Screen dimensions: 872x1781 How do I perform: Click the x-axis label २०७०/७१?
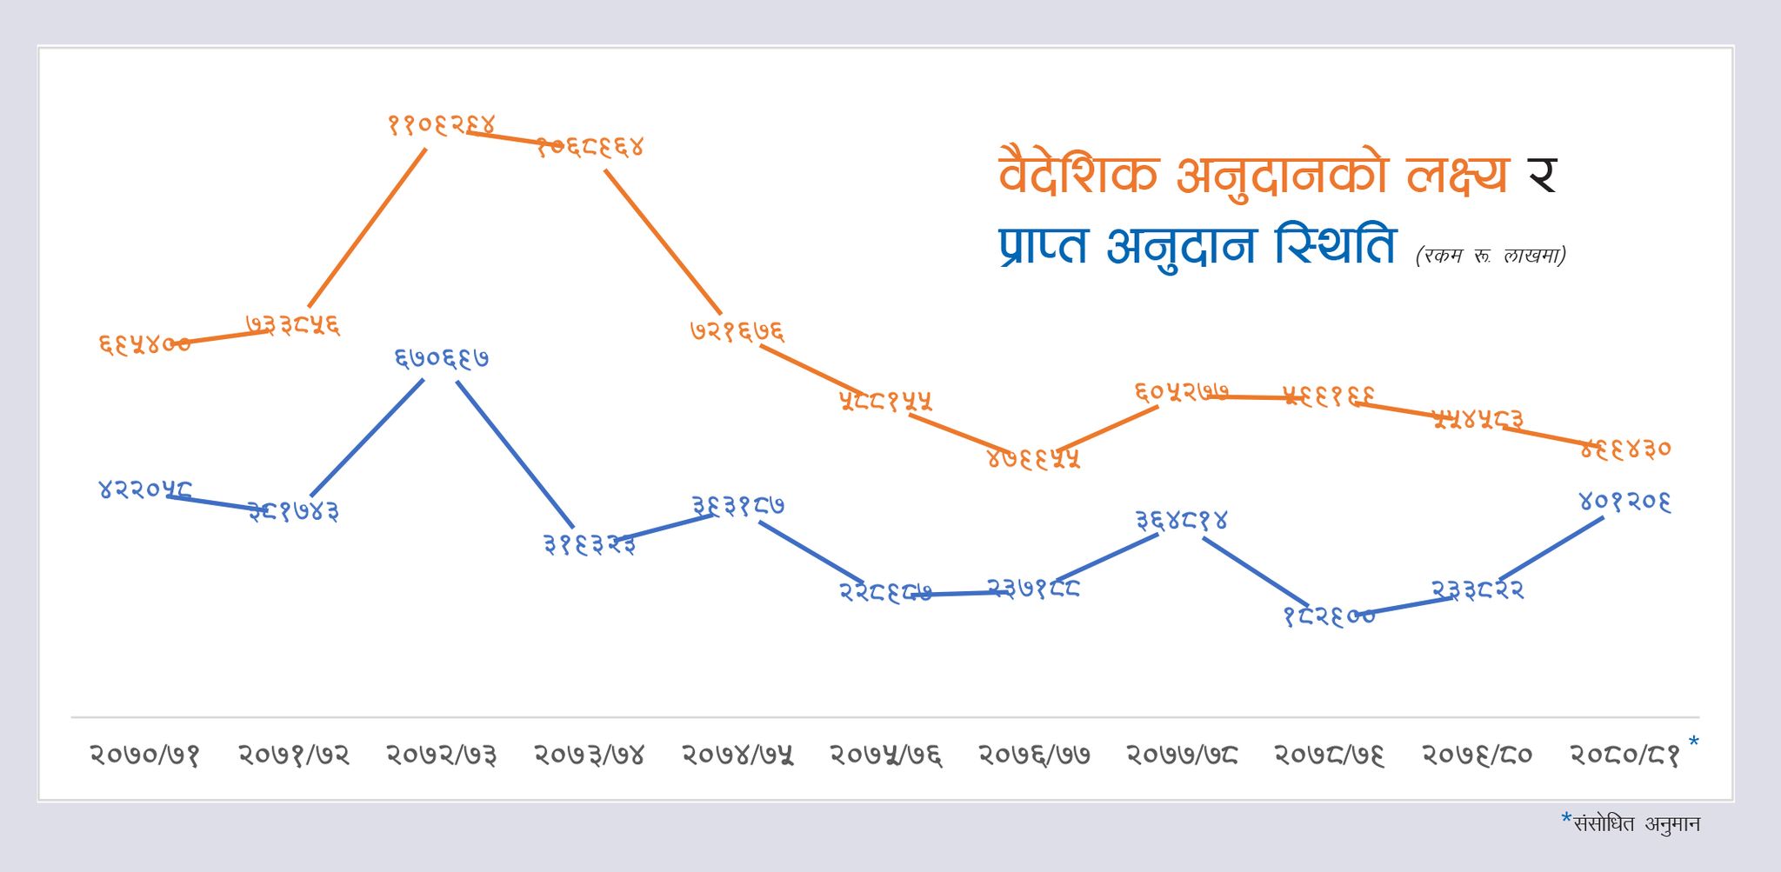[x=144, y=755]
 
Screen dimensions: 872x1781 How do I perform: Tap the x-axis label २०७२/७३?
[x=441, y=755]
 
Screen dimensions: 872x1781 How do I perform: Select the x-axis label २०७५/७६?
[x=885, y=755]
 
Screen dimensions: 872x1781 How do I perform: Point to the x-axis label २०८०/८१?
[x=1624, y=755]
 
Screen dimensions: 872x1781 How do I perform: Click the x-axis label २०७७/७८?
[x=1182, y=755]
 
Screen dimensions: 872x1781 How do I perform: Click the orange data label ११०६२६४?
[x=441, y=125]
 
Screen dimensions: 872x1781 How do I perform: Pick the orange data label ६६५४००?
[x=144, y=344]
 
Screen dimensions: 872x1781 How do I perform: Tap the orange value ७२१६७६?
[x=737, y=331]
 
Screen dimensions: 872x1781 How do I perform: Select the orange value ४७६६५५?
[x=1033, y=458]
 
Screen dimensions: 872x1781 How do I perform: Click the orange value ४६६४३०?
[x=1625, y=449]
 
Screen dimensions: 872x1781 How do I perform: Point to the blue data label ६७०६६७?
[x=441, y=358]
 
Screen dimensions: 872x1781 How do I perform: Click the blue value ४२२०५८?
[x=144, y=489]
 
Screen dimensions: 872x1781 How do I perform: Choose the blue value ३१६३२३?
[x=589, y=545]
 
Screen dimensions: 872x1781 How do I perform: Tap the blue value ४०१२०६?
[x=1624, y=502]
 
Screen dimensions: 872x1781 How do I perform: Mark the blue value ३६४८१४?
[x=1181, y=521]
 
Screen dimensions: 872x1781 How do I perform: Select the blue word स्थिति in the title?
[x=1336, y=246]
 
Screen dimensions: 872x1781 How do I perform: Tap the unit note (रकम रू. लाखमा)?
[x=1491, y=256]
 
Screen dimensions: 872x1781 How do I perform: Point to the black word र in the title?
[x=1542, y=175]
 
